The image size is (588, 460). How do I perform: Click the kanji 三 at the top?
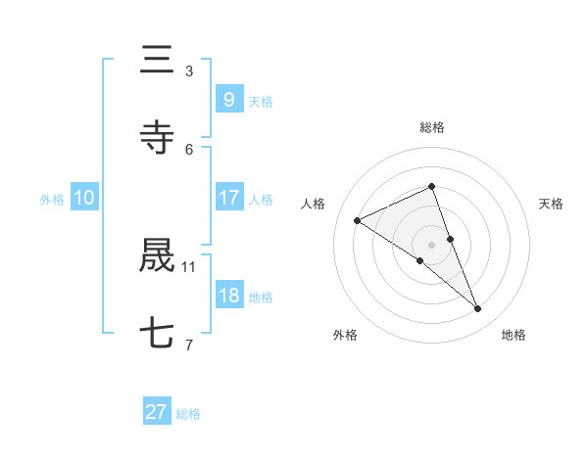(x=157, y=61)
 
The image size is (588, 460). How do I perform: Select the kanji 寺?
(x=157, y=138)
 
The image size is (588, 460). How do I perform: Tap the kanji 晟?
(x=157, y=255)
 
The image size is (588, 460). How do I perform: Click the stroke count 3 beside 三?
(x=189, y=70)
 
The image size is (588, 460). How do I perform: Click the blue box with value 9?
(x=228, y=99)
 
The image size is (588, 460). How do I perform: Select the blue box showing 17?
(x=228, y=198)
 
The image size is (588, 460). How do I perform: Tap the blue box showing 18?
(x=228, y=296)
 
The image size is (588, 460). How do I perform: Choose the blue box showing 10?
(x=84, y=198)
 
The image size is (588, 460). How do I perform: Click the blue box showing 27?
(x=157, y=412)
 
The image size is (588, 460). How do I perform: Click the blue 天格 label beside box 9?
(x=261, y=101)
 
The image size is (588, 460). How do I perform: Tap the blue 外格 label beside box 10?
(x=52, y=200)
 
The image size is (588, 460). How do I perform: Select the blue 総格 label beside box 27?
(x=188, y=414)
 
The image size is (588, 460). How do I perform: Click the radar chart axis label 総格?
(x=432, y=128)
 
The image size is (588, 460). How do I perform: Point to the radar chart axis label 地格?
(x=514, y=336)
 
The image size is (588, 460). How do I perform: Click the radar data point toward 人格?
(x=358, y=220)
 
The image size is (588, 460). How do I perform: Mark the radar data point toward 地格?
(x=478, y=309)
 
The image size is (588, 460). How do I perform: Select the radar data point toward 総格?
(x=431, y=186)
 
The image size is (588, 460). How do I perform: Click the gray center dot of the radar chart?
(x=431, y=244)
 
